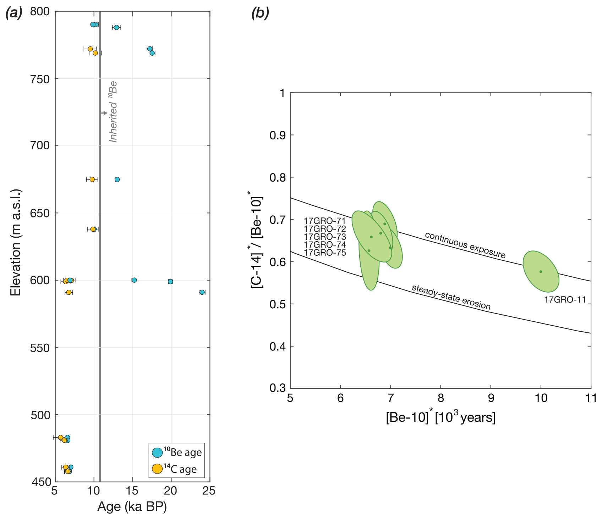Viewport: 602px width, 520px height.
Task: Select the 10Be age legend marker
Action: (x=157, y=452)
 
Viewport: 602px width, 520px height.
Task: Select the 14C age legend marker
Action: (x=157, y=469)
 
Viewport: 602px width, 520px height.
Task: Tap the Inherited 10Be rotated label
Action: (x=113, y=112)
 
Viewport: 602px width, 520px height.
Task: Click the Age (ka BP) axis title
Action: (x=132, y=507)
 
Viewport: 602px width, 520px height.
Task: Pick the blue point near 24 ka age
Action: (x=202, y=292)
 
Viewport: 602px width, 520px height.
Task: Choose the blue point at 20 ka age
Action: (x=170, y=282)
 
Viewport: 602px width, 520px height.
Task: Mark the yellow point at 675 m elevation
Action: (x=92, y=179)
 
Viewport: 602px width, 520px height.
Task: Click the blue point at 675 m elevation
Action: (x=117, y=179)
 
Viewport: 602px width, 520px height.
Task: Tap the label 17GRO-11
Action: (x=565, y=300)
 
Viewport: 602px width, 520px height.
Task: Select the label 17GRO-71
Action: (x=324, y=221)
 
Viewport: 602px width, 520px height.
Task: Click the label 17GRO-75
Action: (x=324, y=253)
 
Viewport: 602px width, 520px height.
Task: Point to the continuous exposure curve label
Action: (x=465, y=245)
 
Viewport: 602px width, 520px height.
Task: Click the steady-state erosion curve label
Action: (x=451, y=297)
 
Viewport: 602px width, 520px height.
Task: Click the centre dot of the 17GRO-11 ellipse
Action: (x=541, y=272)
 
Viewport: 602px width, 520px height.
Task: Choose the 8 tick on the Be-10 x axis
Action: (x=440, y=398)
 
